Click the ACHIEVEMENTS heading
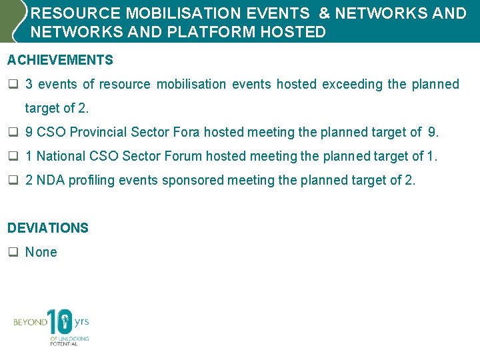(60, 61)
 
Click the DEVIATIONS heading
(48, 228)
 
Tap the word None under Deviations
(41, 252)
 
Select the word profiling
(91, 180)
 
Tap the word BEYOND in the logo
(30, 323)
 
